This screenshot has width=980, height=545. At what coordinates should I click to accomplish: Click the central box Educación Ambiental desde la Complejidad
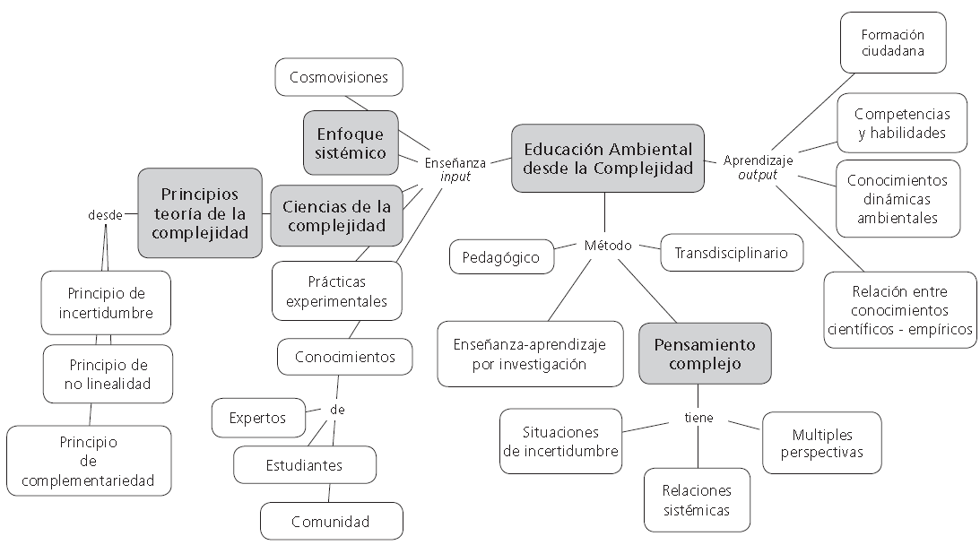[x=608, y=158]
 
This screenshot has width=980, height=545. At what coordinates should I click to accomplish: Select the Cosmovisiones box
[x=339, y=77]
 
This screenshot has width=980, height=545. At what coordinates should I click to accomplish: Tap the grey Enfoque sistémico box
[x=351, y=143]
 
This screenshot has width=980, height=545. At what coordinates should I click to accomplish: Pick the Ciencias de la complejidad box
[x=336, y=216]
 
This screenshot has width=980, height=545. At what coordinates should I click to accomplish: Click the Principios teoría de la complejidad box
[x=200, y=213]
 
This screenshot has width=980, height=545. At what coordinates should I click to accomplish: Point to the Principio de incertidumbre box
[x=107, y=303]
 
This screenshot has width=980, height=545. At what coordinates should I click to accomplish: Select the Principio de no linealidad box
[x=108, y=374]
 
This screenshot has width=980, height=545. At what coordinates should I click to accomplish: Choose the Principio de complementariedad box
[x=89, y=461]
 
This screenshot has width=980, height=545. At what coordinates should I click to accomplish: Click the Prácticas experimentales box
[x=337, y=291]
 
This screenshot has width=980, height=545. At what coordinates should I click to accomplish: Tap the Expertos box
[x=259, y=418]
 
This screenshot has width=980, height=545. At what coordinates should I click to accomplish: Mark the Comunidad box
[x=332, y=522]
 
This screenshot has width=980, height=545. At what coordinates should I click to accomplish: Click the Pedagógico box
[x=502, y=257]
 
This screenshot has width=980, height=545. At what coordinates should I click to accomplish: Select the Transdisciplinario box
[x=732, y=253]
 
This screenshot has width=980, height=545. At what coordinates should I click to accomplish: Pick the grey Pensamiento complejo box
[x=705, y=354]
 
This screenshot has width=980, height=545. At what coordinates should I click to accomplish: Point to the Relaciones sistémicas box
[x=697, y=500]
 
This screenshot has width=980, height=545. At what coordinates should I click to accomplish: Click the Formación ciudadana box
[x=893, y=42]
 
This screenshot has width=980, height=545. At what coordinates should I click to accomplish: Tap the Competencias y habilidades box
[x=902, y=123]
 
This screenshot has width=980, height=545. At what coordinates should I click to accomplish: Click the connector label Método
[x=608, y=246]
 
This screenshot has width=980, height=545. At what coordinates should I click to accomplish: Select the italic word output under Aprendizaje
[x=758, y=176]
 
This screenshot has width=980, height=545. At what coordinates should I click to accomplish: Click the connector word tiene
[x=698, y=418]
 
